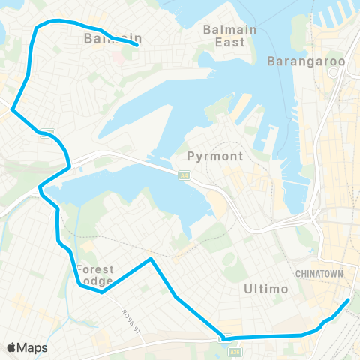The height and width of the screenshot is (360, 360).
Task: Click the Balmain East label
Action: [x=229, y=36]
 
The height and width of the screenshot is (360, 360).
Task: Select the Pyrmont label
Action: [x=215, y=157]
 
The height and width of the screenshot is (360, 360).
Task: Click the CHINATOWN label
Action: [x=321, y=273]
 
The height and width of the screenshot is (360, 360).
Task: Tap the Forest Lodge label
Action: [x=94, y=275]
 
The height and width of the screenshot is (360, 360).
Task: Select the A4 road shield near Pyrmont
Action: [x=183, y=175]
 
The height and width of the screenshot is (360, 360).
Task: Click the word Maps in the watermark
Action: [x=33, y=347]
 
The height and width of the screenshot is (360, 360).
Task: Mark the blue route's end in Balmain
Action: [x=136, y=46]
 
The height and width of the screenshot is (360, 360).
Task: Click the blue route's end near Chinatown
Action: [x=348, y=301]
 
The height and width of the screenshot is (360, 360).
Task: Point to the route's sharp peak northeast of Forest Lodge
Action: [x=151, y=259]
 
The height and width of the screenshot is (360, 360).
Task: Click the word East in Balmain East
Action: [x=229, y=42]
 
